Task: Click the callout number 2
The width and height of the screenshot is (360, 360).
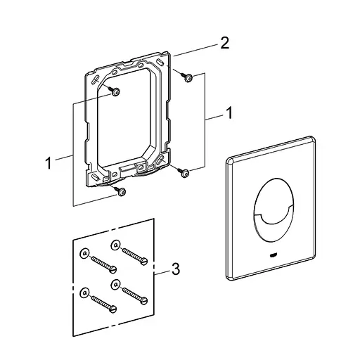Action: point(225,43)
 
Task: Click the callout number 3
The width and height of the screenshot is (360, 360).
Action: point(176,269)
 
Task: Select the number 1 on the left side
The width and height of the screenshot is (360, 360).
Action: point(49,163)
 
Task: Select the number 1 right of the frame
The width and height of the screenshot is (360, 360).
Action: point(229,112)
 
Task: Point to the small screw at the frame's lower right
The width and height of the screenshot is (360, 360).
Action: point(184,172)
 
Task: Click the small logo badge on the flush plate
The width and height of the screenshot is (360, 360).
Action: point(274,255)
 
